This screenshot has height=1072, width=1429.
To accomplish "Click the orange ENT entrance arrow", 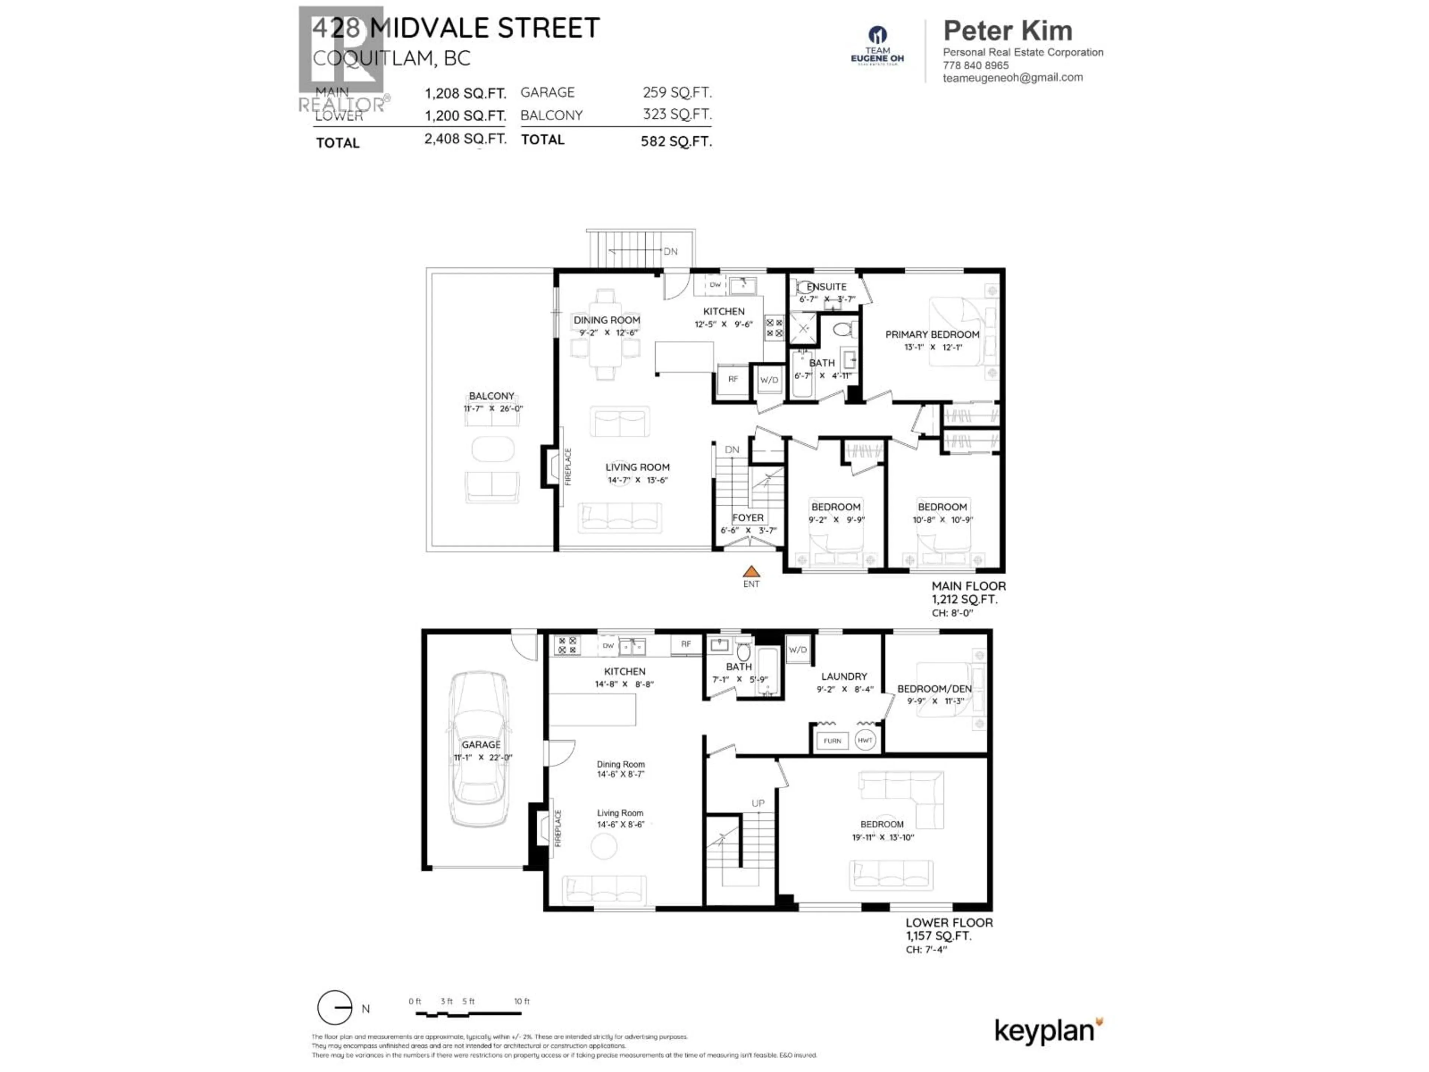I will [x=751, y=571].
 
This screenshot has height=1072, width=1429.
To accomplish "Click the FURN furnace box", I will [x=832, y=740].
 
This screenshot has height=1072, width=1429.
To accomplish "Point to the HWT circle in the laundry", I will [x=865, y=740].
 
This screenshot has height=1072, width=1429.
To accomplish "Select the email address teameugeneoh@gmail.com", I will [x=1012, y=77].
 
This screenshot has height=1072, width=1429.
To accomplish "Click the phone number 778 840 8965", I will [x=975, y=65].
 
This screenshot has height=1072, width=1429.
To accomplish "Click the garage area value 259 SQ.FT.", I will [x=677, y=92].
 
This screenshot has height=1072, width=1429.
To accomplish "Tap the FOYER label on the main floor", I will [x=748, y=518].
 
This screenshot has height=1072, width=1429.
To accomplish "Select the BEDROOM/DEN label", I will [x=934, y=689].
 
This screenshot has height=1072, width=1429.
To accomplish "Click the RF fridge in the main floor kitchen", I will [x=733, y=379].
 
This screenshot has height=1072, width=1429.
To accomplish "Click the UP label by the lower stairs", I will [x=758, y=803].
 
